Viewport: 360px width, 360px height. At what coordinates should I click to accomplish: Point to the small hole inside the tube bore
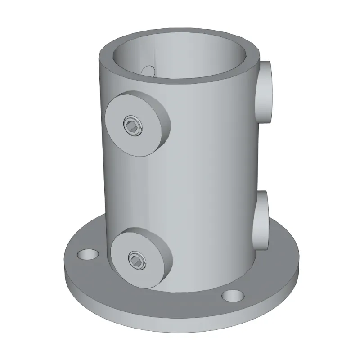[148, 71]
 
